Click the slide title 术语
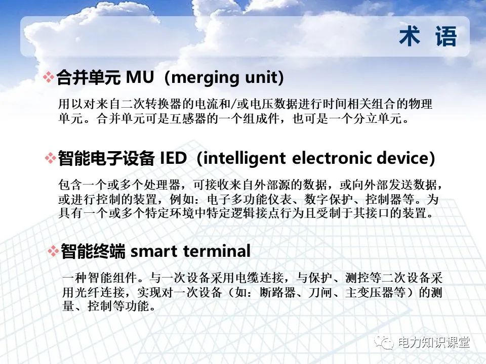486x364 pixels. (x=428, y=37)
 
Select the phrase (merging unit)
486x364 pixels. (x=225, y=77)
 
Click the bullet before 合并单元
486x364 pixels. (x=48, y=77)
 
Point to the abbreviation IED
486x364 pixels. (x=173, y=158)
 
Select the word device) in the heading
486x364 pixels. (x=406, y=158)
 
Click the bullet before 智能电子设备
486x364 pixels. (x=51, y=158)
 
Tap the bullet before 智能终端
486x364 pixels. (x=53, y=251)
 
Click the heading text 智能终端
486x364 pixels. (x=93, y=251)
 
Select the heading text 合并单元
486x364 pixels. (x=88, y=77)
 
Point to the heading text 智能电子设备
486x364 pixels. (x=106, y=158)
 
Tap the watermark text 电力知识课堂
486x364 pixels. (x=434, y=342)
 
